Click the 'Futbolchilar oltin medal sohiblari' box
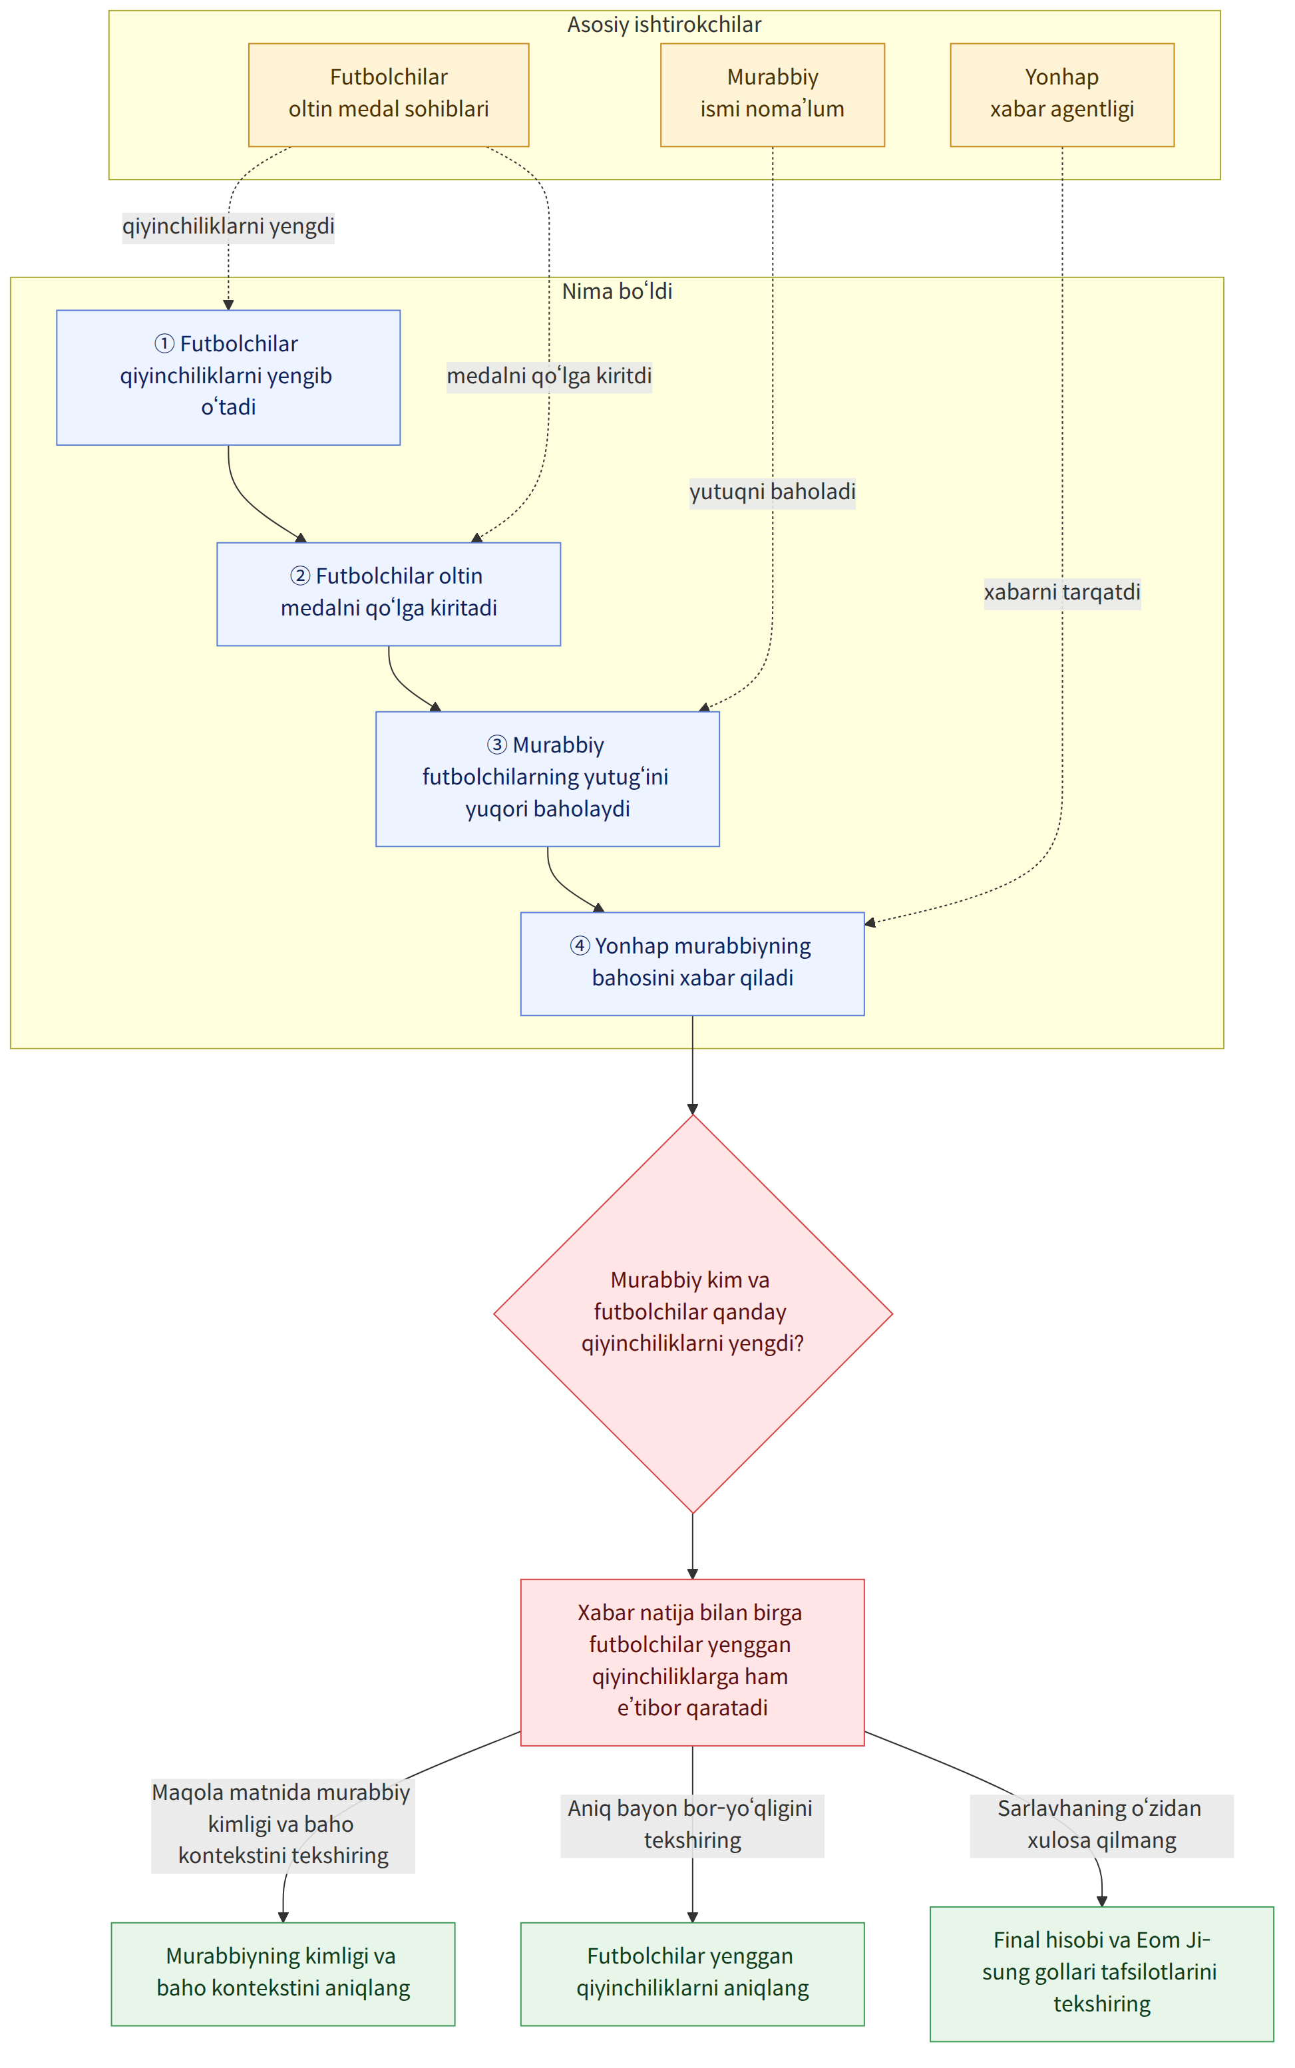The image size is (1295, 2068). pos(389,95)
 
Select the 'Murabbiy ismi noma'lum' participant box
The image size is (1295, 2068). pos(773,95)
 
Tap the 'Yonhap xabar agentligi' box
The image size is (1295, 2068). pos(1062,95)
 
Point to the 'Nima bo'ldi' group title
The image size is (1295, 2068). pos(617,291)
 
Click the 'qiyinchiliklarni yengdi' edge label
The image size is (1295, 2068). pos(229,227)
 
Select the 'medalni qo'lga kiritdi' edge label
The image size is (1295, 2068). pos(549,376)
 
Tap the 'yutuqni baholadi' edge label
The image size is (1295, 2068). pos(773,492)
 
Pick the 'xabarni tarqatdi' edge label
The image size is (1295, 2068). pos(1062,593)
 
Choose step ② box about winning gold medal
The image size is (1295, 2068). pos(389,594)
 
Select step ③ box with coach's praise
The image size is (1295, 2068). pos(547,779)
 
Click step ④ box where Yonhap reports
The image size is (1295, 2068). pos(692,964)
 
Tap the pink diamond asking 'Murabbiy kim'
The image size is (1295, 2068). pos(693,1313)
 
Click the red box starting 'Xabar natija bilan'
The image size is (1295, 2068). pos(692,1662)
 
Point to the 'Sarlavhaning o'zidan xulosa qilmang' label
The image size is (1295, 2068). pos(1101,1825)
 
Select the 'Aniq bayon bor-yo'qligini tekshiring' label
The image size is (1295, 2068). pos(692,1825)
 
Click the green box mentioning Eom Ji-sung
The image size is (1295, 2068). pos(1101,1973)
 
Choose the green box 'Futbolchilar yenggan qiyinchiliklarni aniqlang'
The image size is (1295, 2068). pos(692,1973)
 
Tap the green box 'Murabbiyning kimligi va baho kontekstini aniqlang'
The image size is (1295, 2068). pos(283,1973)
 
